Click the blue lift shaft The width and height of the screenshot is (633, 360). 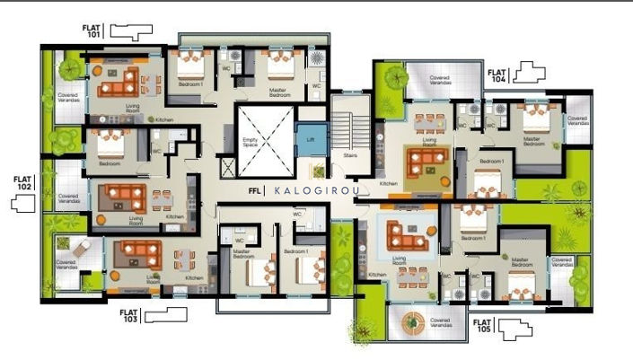point(311,139)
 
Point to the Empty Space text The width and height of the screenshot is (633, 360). point(251,143)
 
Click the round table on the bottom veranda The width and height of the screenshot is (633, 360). point(412,321)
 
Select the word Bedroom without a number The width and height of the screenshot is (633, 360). point(110,164)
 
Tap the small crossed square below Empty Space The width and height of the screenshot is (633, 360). point(226,167)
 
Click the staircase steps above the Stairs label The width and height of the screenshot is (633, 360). point(351,121)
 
